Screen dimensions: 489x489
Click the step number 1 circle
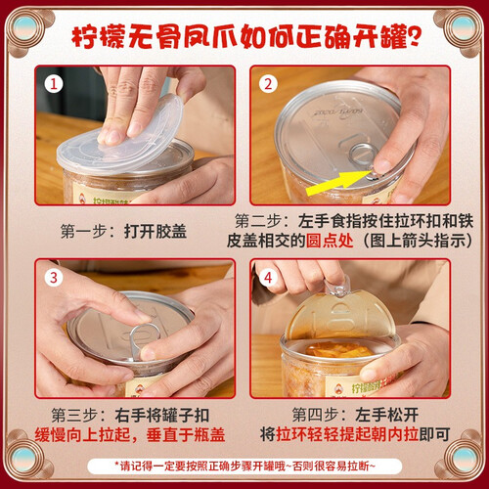click(54, 84)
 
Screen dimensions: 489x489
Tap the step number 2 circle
click(268, 84)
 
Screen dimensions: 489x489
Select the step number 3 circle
click(54, 278)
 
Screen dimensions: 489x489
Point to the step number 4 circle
click(268, 278)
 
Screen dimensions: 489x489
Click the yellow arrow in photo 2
click(339, 183)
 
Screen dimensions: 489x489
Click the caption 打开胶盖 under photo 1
click(156, 232)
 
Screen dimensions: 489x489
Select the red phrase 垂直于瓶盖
click(186, 434)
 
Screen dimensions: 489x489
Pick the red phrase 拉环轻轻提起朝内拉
click(347, 434)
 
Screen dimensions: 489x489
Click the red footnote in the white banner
click(244, 466)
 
